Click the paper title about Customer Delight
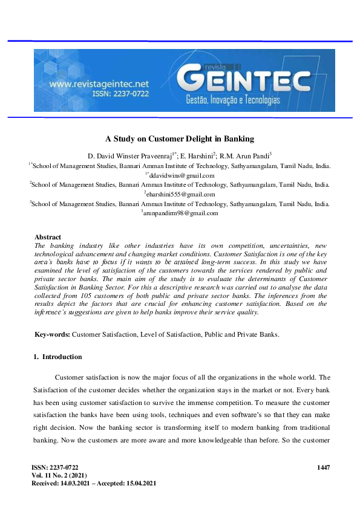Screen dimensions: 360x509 pyautogui.click(x=180, y=138)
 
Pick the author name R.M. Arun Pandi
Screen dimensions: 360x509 pyautogui.click(x=247, y=155)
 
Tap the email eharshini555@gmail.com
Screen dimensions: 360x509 pyautogui.click(x=181, y=194)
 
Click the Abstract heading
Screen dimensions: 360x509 pyautogui.click(x=48, y=237)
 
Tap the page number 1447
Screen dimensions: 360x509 pyautogui.click(x=324, y=467)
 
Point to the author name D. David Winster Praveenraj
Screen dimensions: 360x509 pyautogui.click(x=133, y=155)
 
